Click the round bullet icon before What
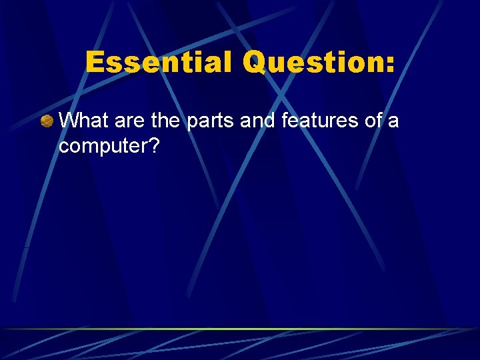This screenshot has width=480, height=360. pyautogui.click(x=46, y=121)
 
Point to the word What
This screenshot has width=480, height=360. pyautogui.click(x=84, y=121)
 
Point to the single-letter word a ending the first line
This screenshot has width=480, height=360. pyautogui.click(x=394, y=122)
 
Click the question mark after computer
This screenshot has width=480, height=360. pyautogui.click(x=153, y=145)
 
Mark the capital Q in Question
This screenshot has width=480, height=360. pyautogui.click(x=255, y=63)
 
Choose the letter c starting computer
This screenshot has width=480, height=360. pyautogui.click(x=64, y=147)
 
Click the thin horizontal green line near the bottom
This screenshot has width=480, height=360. pyautogui.click(x=240, y=329)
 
